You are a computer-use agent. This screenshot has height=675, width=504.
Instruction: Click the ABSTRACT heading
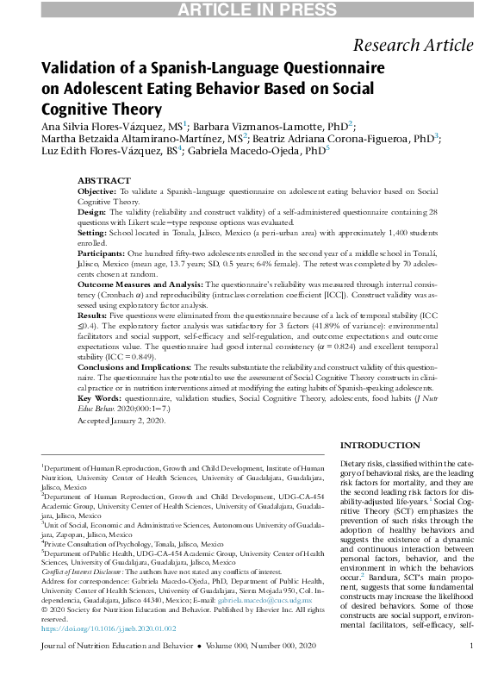click(x=104, y=181)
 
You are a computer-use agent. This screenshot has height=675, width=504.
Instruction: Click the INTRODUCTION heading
click(x=382, y=445)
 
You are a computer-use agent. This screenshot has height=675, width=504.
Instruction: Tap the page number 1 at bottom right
click(x=471, y=669)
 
